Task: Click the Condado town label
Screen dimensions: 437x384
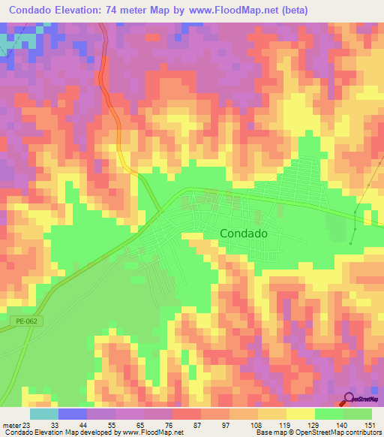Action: pos(244,234)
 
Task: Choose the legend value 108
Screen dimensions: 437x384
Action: pos(257,425)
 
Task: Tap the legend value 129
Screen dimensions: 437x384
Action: pos(314,425)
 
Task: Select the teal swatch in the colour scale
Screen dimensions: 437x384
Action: pos(43,414)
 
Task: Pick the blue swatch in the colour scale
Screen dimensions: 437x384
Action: pos(72,414)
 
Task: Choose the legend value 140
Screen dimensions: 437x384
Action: pos(343,425)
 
